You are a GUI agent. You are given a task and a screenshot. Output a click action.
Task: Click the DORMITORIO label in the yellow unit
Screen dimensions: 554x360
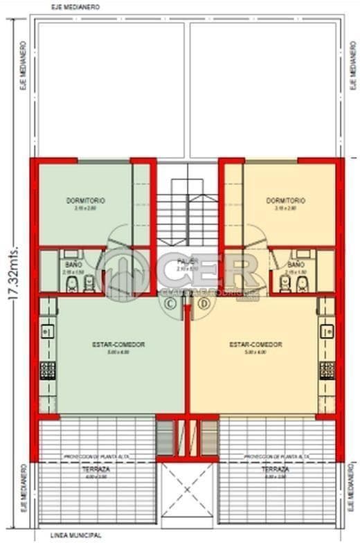(285, 200)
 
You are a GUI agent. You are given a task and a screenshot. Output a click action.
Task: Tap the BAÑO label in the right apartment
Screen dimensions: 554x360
(295, 265)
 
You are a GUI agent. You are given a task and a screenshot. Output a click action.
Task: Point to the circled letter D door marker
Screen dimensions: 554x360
(204, 303)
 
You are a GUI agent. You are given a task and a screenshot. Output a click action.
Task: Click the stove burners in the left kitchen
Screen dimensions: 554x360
(47, 370)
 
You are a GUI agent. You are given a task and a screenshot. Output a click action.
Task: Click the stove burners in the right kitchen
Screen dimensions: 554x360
(327, 370)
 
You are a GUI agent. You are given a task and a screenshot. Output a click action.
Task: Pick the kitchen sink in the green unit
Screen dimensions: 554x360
(47, 332)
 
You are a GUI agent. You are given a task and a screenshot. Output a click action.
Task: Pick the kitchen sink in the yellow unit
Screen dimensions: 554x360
(327, 332)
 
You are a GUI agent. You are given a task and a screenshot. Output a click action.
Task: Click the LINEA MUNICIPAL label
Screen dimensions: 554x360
(76, 536)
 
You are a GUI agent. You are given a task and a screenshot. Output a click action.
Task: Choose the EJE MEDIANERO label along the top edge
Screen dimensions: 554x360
(75, 6)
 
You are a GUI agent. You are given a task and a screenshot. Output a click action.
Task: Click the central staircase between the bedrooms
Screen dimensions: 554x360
(187, 208)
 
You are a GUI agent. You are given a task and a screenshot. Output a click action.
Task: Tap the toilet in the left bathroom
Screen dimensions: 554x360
(91, 284)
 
